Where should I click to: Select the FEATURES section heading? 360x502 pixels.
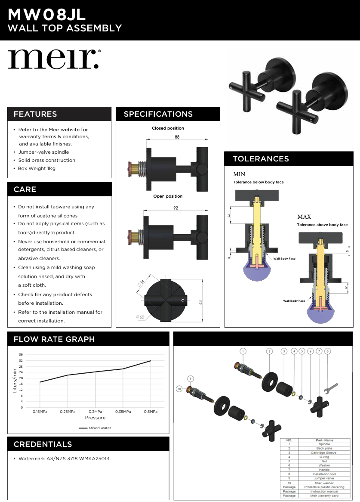point(35,114)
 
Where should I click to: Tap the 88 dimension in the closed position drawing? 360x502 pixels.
point(177,137)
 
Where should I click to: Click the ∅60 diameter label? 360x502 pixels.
point(140,317)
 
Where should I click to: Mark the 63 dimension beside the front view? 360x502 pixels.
point(200,302)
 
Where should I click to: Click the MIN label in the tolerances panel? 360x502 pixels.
point(239,174)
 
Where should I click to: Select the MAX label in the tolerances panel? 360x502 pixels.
point(304,217)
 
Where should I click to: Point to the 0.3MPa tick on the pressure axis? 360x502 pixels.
point(95,412)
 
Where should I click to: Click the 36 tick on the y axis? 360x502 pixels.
point(21,354)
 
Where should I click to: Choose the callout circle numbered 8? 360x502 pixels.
point(328,351)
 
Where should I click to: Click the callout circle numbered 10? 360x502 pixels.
point(179,389)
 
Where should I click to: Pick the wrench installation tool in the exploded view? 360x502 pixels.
point(330,389)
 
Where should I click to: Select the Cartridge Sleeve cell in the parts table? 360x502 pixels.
point(323,452)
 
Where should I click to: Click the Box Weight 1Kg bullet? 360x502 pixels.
point(37,168)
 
